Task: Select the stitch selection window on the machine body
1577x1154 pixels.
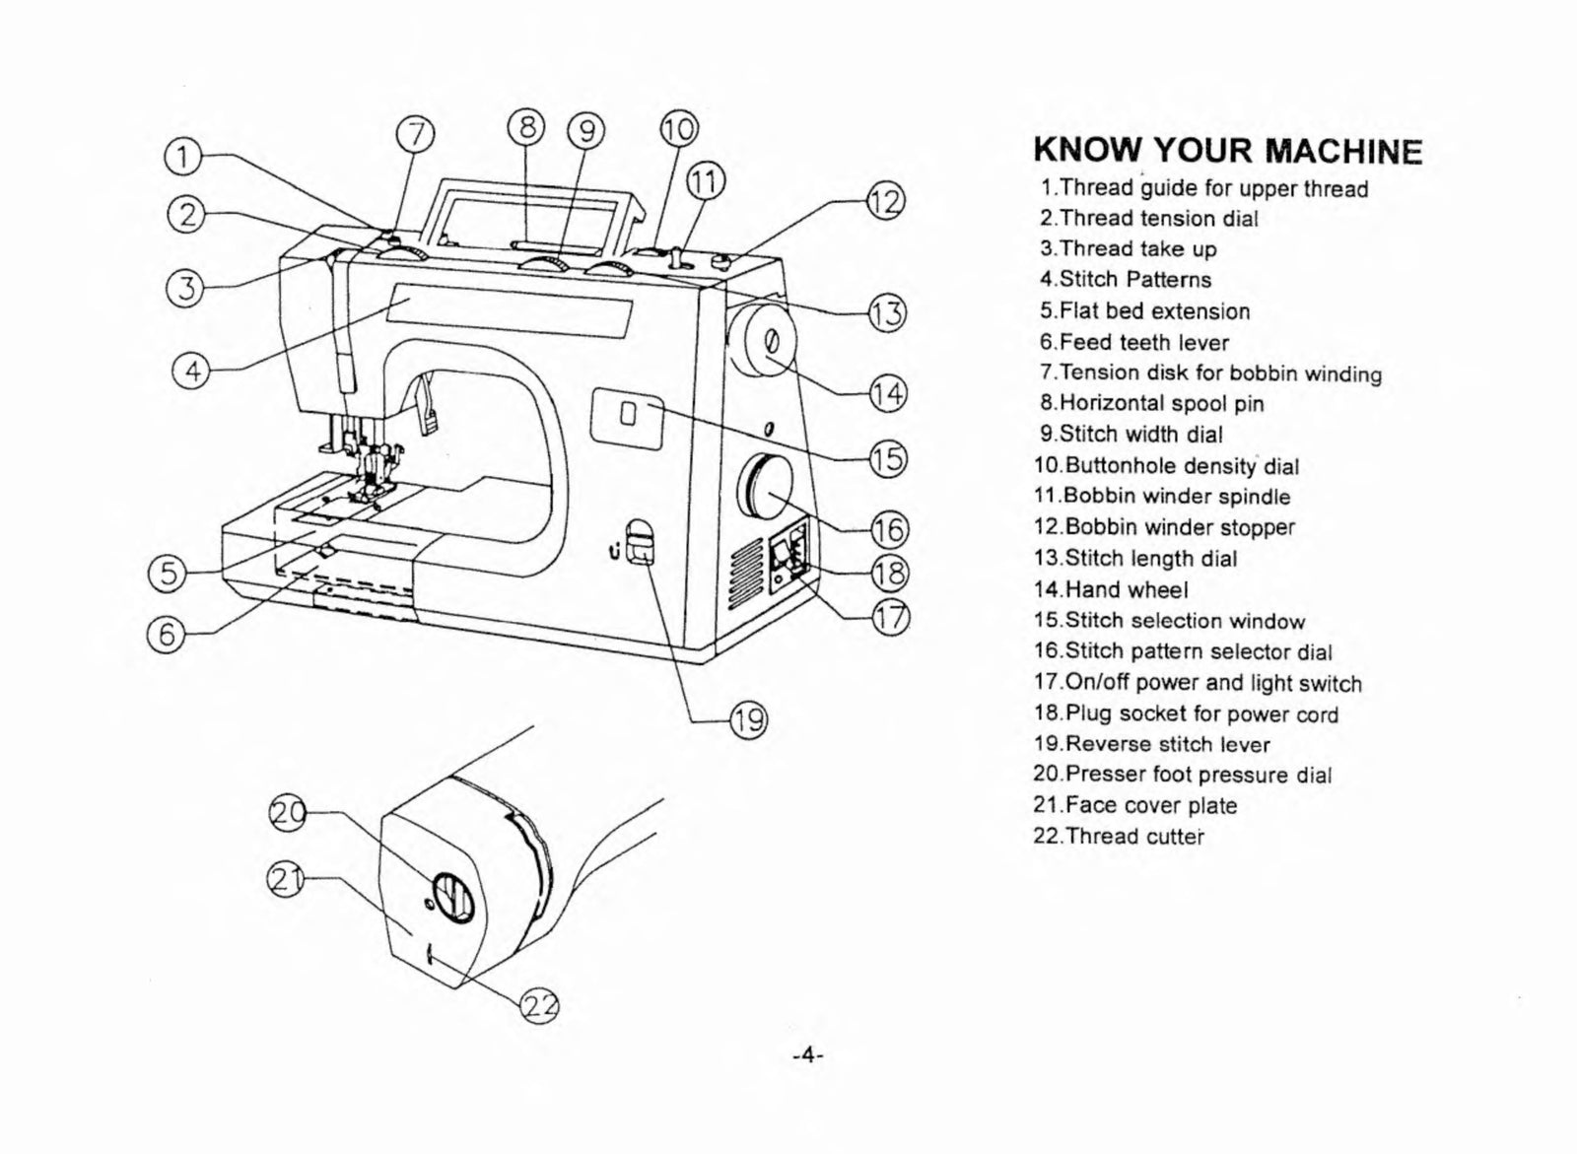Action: (627, 415)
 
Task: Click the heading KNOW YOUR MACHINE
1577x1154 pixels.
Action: (1227, 151)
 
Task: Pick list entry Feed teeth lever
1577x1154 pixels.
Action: (1133, 342)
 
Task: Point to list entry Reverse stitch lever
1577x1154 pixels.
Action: (1151, 744)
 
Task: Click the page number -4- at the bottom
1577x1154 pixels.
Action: (807, 1055)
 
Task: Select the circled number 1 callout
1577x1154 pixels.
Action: (183, 156)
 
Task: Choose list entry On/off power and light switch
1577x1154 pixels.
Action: (1198, 683)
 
